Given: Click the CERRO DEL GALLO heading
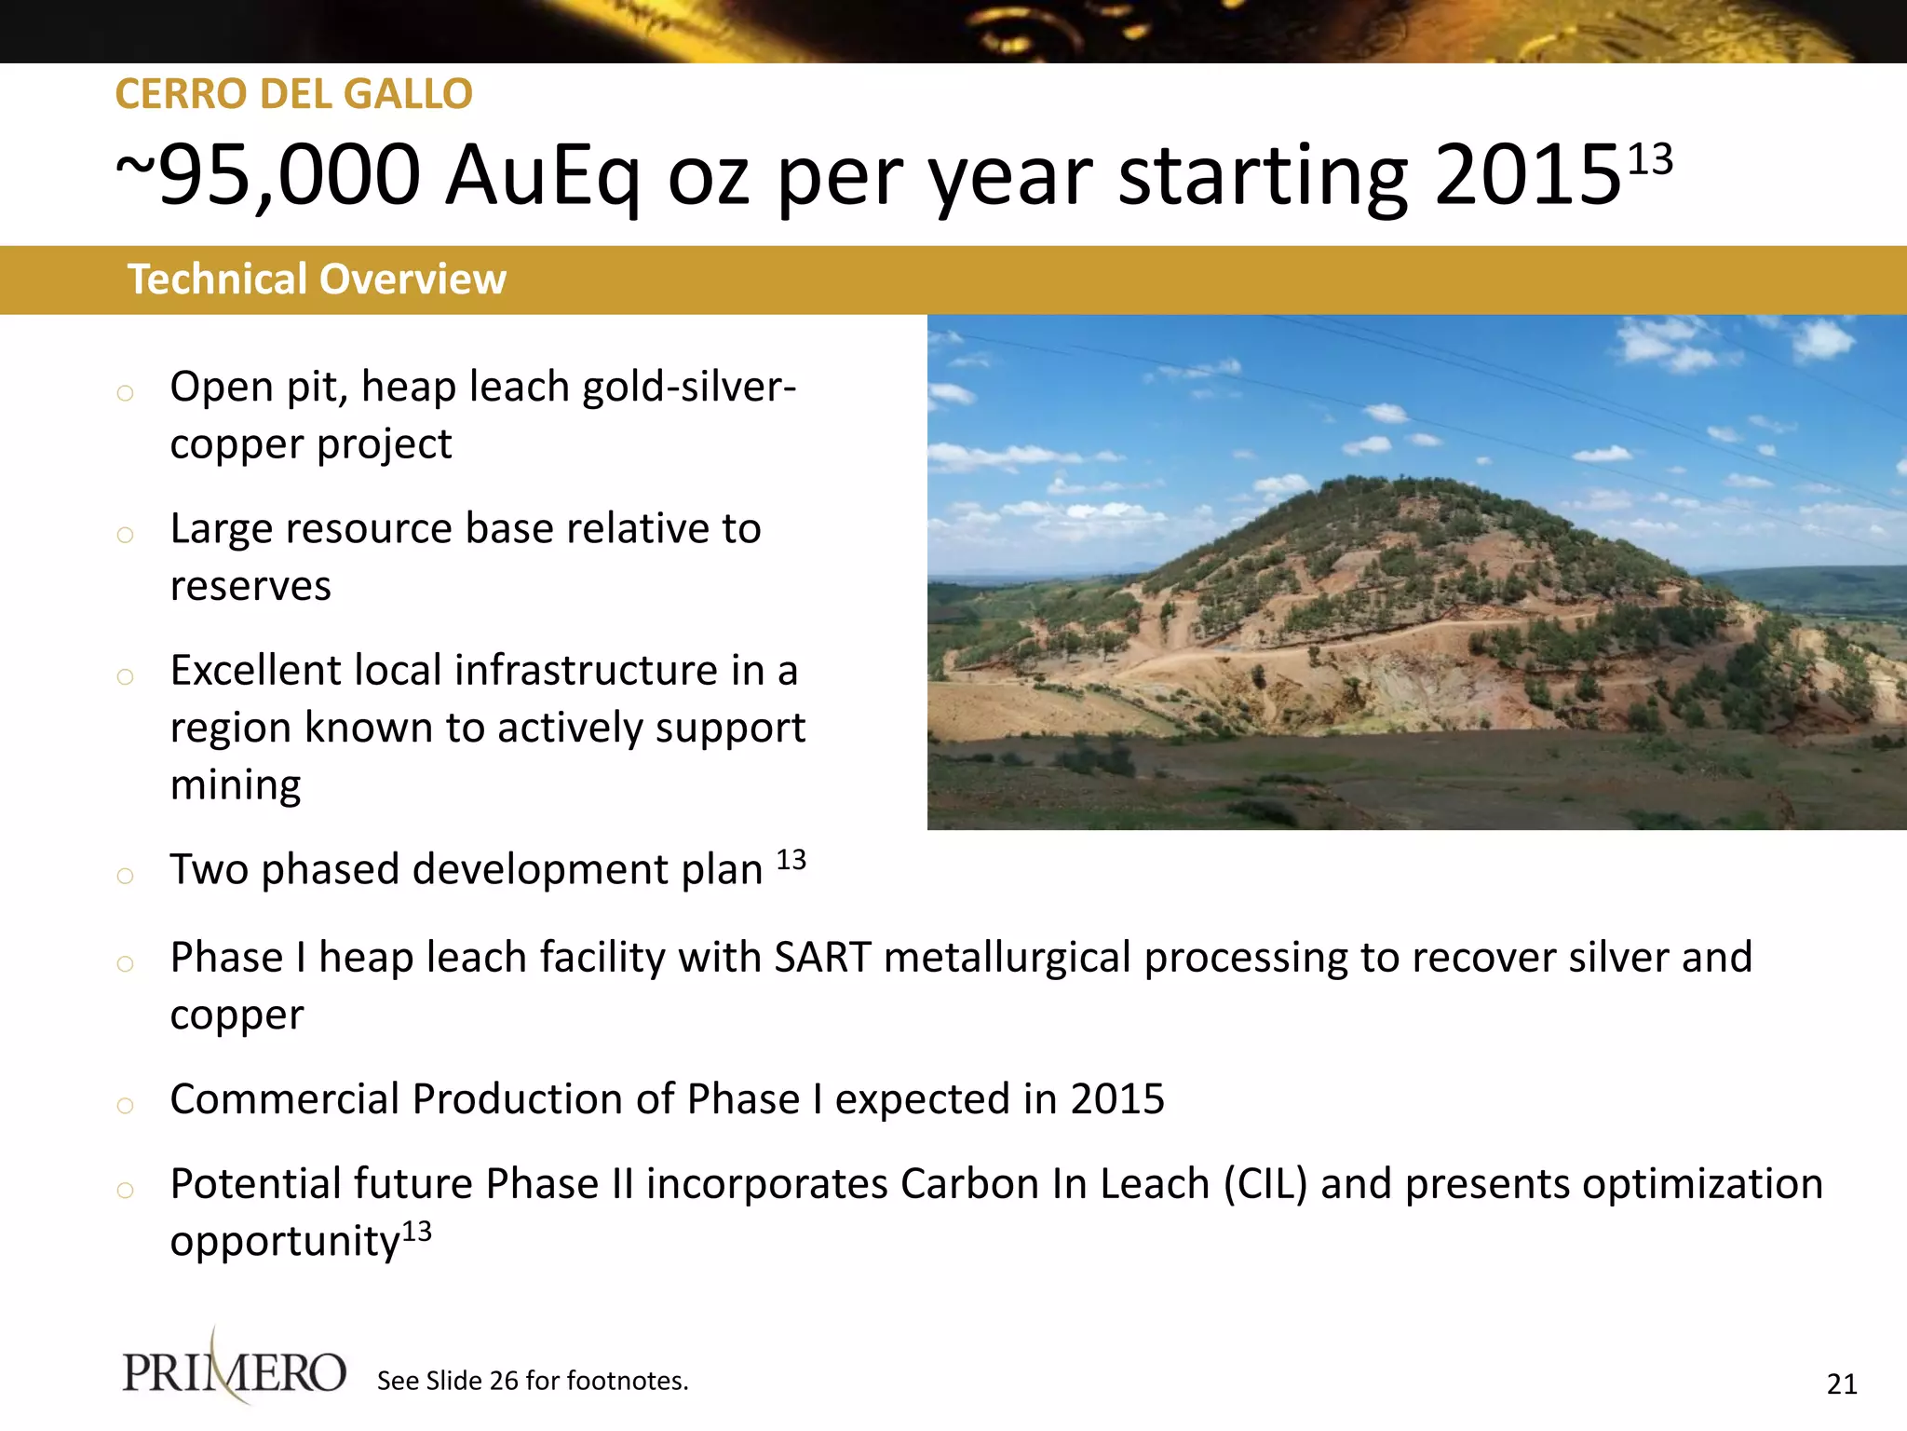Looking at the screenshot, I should coord(293,94).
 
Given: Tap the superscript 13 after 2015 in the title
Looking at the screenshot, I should coord(1650,159).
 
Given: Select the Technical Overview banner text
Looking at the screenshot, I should coord(317,279).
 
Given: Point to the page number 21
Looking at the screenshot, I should coord(1842,1384).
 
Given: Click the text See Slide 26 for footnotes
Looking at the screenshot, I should coord(533,1381).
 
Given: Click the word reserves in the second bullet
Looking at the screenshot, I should coord(250,587).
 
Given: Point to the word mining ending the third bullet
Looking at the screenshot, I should coord(236,785).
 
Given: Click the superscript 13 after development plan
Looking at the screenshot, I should coord(791,859).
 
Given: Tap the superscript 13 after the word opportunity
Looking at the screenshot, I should coord(417,1232).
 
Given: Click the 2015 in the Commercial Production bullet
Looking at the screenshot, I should coord(1117,1099).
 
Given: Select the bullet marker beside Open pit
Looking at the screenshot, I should coord(125,393).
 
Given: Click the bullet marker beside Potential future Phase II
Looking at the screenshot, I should coord(125,1190).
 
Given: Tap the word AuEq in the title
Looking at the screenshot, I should coord(543,176).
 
